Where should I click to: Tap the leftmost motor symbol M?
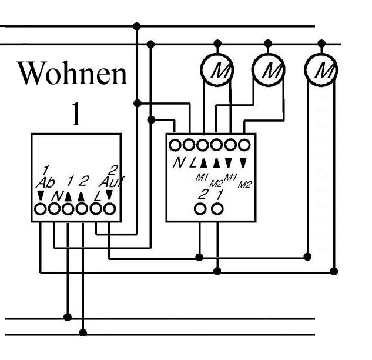[x=217, y=71]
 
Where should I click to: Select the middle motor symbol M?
[x=269, y=71]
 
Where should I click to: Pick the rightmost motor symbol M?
[x=321, y=71]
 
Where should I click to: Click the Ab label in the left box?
[x=45, y=183]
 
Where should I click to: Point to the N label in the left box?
[x=56, y=195]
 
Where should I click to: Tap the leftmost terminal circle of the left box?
[x=41, y=208]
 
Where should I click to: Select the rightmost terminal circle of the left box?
[x=109, y=208]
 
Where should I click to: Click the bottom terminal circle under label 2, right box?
[x=200, y=209]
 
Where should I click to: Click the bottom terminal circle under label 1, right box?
[x=217, y=209]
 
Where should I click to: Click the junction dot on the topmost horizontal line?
[x=137, y=26]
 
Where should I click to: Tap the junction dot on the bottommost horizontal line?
[x=83, y=332]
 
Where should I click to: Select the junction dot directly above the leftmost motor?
[x=217, y=44]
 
